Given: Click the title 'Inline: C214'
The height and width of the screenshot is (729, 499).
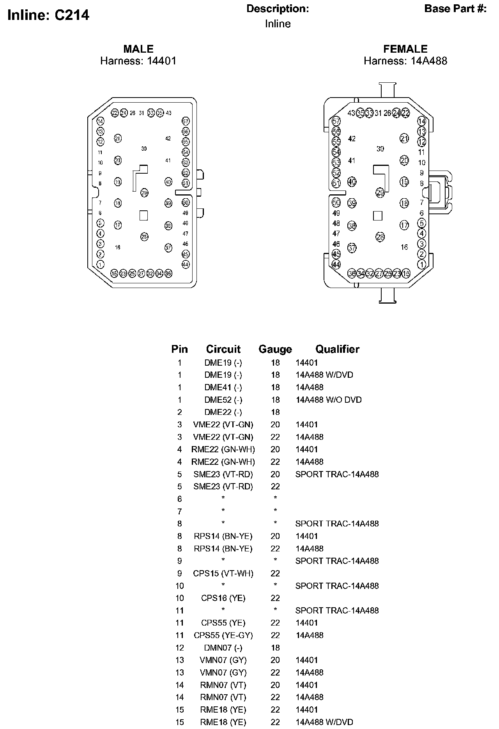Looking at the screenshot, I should tap(48, 15).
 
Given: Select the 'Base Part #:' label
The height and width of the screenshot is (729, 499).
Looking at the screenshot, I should tap(455, 9).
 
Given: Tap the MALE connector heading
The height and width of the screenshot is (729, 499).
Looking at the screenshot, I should tap(138, 49).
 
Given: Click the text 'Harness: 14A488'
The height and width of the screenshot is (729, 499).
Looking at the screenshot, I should tap(405, 61).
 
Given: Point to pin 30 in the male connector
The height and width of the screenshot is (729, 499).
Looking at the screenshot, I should tap(144, 149).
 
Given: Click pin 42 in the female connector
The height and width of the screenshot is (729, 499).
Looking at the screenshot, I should tap(352, 139).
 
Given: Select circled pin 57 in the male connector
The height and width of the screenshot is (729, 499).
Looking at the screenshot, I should tap(186, 121).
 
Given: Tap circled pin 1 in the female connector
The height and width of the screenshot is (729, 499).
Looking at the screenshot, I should tap(421, 264).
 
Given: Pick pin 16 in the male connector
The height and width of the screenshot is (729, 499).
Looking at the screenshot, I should tap(118, 247).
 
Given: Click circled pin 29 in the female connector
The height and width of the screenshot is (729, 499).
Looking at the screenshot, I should tap(380, 192).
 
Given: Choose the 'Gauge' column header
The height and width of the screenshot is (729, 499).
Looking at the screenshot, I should tap(275, 349).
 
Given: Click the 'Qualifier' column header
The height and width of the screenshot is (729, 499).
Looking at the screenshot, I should tap(337, 349).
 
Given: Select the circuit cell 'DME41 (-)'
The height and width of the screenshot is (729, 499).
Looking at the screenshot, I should tap(223, 388).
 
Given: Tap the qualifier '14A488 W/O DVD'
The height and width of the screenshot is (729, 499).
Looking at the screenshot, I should tap(328, 400).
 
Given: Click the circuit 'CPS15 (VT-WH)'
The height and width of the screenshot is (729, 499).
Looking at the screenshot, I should tap(223, 574).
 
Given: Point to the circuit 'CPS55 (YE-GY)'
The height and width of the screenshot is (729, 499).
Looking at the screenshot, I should tap(223, 636).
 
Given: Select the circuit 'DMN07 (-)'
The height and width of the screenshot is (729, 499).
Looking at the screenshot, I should tap(223, 648).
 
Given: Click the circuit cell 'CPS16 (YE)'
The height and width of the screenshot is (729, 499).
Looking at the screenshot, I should tap(223, 598).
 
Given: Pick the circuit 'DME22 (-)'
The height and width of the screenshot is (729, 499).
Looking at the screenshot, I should tap(223, 412).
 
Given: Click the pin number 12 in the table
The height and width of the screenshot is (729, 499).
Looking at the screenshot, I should tap(179, 648).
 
